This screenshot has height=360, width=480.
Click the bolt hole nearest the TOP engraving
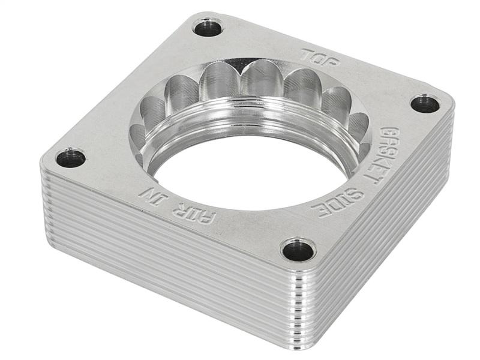pos(208,27)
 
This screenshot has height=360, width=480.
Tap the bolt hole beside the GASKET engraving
pos(425,103)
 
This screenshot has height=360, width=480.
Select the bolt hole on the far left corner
pos(70,158)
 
